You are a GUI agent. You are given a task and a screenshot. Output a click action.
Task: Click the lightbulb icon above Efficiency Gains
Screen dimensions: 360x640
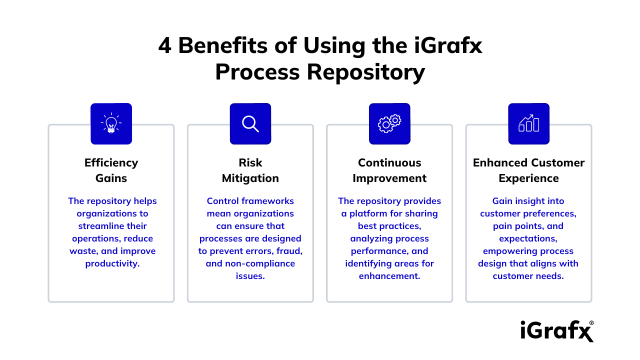coord(111,123)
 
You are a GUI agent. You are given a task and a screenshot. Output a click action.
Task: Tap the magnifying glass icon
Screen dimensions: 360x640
coord(250,123)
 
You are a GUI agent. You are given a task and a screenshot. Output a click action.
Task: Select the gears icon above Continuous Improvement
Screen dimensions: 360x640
coord(389,123)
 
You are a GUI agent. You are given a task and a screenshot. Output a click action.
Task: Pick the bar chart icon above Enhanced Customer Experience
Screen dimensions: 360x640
coord(528,123)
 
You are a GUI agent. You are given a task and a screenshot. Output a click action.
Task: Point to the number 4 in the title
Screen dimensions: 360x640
coord(165,46)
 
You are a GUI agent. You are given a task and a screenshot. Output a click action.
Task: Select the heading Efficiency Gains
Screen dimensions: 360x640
coord(111,170)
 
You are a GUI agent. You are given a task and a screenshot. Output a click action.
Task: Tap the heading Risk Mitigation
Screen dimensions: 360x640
coord(250,170)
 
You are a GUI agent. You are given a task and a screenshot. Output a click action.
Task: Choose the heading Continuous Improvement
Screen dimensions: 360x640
coord(389,170)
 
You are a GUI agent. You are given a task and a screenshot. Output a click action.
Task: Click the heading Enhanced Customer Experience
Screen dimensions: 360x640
coord(528,170)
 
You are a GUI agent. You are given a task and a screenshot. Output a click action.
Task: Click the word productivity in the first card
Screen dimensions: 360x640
coord(111,263)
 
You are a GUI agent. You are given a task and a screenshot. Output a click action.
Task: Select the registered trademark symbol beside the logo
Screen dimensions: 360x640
coord(592,323)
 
